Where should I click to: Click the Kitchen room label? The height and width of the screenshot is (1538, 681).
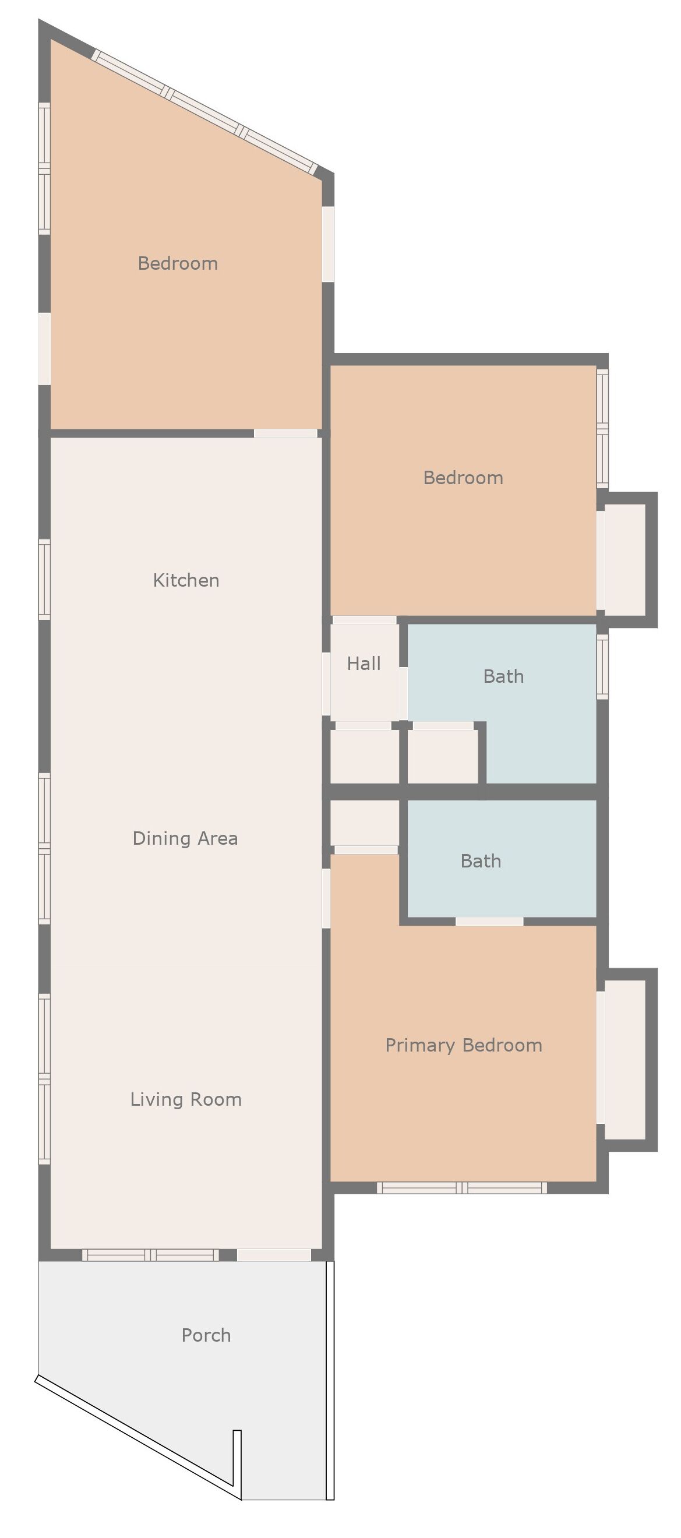click(186, 580)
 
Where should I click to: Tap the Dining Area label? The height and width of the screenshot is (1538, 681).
click(185, 839)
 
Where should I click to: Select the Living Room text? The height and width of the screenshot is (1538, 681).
click(186, 1100)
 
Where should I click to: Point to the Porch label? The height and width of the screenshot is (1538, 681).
click(206, 1336)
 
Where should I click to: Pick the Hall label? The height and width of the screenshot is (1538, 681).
click(364, 664)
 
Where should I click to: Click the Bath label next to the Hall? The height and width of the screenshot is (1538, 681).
click(504, 676)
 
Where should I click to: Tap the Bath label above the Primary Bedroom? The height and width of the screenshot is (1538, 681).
click(481, 861)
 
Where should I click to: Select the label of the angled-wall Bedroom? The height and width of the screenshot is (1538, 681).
click(178, 263)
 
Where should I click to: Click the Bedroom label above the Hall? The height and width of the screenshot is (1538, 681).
click(463, 478)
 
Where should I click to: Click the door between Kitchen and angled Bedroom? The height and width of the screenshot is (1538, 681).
click(285, 433)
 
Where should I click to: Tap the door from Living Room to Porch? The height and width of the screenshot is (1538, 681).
click(274, 1255)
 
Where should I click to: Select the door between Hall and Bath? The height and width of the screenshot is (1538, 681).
click(404, 693)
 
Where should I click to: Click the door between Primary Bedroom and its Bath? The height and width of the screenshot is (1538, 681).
click(489, 922)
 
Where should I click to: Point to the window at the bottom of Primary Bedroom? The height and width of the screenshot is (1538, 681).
click(462, 1188)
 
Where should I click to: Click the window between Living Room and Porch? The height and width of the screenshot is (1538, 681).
click(151, 1255)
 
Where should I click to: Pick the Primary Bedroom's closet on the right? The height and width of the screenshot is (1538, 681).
click(625, 1060)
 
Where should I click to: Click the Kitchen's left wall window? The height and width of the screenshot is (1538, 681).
click(44, 579)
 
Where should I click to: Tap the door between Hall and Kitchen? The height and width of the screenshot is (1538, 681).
click(326, 684)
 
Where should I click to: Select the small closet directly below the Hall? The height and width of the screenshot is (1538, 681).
click(365, 756)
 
